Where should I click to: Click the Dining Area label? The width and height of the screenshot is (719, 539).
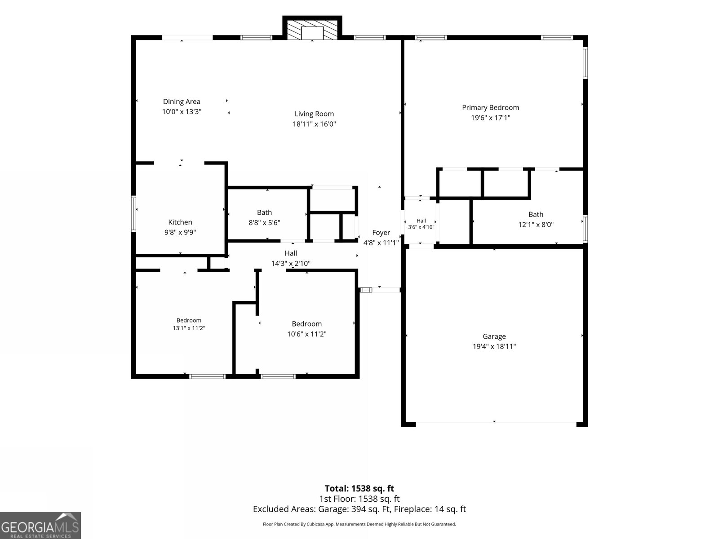[182, 102]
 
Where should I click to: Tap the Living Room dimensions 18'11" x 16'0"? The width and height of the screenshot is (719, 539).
[314, 124]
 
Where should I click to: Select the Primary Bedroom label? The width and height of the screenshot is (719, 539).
[490, 108]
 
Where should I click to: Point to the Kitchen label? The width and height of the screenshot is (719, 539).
[180, 222]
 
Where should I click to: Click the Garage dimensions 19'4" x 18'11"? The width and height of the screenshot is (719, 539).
[494, 347]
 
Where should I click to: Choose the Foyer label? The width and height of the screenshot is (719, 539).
[381, 233]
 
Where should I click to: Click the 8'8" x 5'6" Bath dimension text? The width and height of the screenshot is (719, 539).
[264, 223]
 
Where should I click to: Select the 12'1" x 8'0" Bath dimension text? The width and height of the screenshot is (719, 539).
[536, 225]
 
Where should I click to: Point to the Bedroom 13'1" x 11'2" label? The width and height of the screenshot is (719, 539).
[189, 324]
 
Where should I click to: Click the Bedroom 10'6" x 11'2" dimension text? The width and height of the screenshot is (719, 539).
[306, 334]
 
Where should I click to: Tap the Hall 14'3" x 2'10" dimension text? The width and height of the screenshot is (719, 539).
[291, 264]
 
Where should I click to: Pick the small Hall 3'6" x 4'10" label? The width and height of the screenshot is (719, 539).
[421, 224]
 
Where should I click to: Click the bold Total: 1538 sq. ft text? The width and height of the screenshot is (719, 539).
[359, 489]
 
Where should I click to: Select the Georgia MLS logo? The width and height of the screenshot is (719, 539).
[40, 525]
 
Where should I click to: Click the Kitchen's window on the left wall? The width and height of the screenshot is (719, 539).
[133, 214]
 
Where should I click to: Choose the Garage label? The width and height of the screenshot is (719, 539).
[494, 336]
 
